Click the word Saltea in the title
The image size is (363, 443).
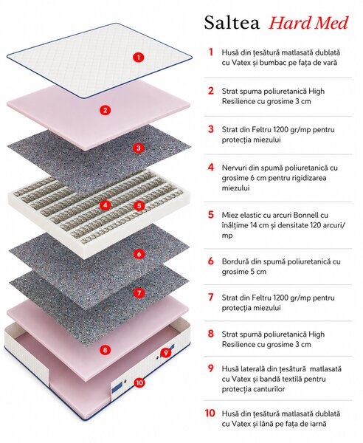232,23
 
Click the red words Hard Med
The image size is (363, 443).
308,23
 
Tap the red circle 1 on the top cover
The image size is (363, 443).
138,58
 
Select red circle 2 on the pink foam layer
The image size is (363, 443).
105,110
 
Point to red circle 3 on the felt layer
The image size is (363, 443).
138,148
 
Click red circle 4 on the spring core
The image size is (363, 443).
106,205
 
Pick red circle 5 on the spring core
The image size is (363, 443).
139,205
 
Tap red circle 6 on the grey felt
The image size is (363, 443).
139,254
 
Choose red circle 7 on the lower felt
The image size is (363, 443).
139,292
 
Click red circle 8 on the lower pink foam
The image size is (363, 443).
105,350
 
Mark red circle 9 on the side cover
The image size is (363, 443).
166,352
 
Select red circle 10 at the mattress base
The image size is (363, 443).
139,382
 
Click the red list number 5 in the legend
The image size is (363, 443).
211,215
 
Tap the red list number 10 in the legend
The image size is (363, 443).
210,413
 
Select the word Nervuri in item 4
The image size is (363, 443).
235,168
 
